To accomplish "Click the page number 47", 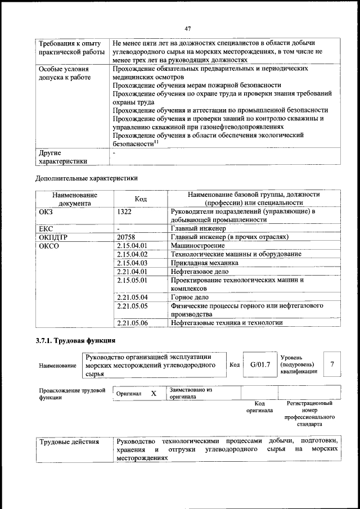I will tap(187, 28).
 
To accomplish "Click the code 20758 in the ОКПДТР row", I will tap(127, 237).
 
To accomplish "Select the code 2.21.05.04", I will tap(132, 297).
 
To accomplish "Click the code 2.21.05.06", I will tap(132, 323).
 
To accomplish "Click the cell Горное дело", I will tap(190, 297).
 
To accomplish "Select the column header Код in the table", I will tap(141, 199).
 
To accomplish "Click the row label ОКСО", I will tap(49, 246).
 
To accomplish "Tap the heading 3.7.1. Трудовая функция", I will tap(76, 340).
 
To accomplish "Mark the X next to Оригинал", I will tap(153, 394).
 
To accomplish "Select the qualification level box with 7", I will tap(332, 364).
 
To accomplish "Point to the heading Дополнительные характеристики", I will tap(86, 178).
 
